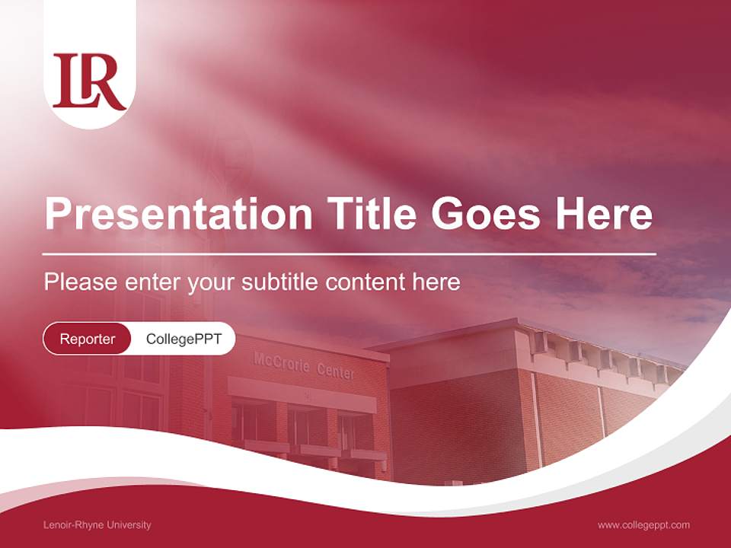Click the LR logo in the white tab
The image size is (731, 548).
tap(89, 81)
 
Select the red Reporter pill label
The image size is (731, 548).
tap(88, 339)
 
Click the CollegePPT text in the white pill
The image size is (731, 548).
tap(184, 339)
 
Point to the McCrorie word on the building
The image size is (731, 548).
tap(282, 364)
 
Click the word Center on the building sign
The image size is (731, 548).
tap(335, 371)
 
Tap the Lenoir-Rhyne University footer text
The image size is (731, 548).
tap(97, 524)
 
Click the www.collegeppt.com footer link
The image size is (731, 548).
tap(643, 524)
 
